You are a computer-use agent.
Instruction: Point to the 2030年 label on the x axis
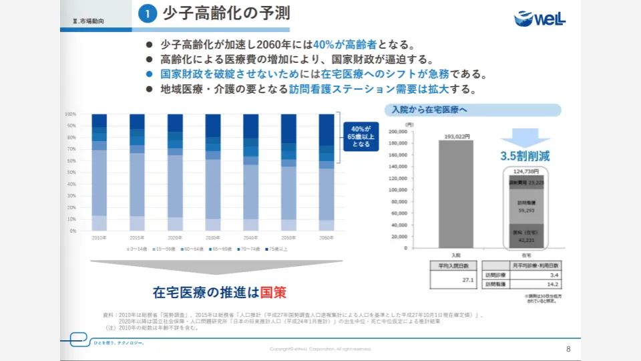(x=213, y=237)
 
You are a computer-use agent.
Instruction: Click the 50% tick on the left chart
(x=71, y=172)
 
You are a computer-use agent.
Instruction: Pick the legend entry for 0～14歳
(x=137, y=249)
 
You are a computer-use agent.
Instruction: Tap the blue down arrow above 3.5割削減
(x=525, y=137)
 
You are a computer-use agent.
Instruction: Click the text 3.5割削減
(x=525, y=156)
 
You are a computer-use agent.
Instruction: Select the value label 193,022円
(x=456, y=136)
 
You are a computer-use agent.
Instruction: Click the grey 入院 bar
(x=456, y=194)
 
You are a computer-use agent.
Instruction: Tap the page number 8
(x=568, y=349)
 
